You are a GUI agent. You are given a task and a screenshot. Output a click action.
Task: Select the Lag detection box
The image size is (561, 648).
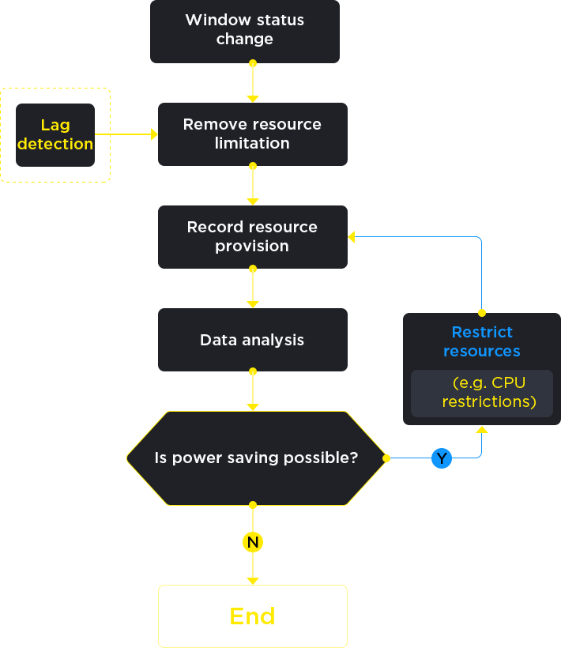(x=55, y=135)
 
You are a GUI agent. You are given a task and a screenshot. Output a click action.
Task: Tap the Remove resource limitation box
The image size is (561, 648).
(x=252, y=134)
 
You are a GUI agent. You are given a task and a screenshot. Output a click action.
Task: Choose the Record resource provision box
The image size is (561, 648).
(x=252, y=236)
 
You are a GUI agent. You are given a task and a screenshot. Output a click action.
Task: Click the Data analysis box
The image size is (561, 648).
(x=252, y=340)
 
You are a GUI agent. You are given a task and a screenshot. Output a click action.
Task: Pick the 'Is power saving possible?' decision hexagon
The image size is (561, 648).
(x=255, y=458)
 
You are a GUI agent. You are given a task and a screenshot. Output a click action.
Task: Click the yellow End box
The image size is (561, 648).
(x=253, y=616)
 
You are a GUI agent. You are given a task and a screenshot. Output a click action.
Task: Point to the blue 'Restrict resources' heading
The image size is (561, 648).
(x=481, y=341)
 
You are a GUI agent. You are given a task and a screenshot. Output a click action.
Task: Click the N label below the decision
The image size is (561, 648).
(x=253, y=542)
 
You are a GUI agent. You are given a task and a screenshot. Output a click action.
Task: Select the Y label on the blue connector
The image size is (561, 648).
(x=442, y=459)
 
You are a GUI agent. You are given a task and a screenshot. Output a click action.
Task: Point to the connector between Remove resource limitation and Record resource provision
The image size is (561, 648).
(x=253, y=185)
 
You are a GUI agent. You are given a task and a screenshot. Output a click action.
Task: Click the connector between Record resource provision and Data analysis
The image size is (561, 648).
(x=253, y=288)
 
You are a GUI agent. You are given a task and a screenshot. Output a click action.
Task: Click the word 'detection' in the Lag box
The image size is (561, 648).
(x=55, y=144)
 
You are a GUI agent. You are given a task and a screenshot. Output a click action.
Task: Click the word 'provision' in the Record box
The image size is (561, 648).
(x=252, y=246)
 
